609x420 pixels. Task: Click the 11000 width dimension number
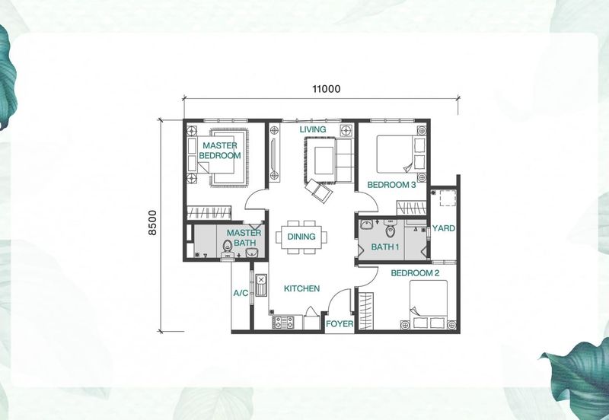(327, 89)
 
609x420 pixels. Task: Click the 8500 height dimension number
(153, 222)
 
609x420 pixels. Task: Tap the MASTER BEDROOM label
(220, 151)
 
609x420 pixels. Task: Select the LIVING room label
(313, 129)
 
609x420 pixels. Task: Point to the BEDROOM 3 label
(391, 185)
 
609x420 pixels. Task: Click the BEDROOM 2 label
(415, 273)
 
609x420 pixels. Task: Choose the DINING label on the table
(301, 237)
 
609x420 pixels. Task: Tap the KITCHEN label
(301, 288)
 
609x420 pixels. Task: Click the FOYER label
(340, 323)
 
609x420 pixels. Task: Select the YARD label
(444, 228)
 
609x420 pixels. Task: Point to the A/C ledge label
(241, 293)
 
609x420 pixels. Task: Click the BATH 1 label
(385, 247)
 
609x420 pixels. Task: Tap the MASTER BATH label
(244, 237)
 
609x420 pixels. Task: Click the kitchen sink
(261, 285)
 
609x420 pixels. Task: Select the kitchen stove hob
(282, 322)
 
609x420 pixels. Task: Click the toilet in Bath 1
(390, 228)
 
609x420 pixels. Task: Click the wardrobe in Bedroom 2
(365, 311)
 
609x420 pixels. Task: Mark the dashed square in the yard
(448, 198)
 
